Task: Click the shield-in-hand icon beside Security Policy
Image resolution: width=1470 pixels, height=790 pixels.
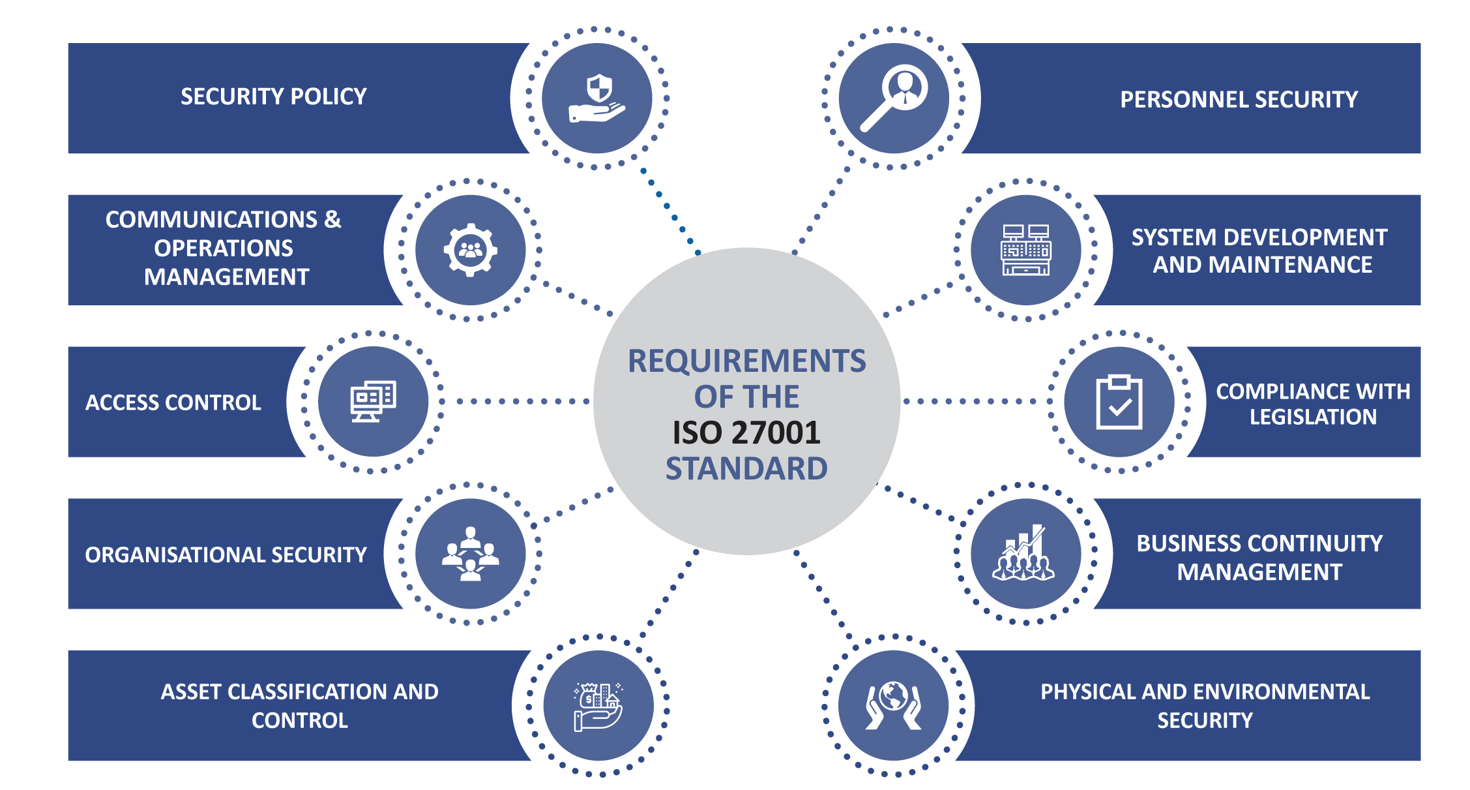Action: coord(597,99)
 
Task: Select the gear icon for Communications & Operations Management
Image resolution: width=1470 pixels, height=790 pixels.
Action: coord(470,250)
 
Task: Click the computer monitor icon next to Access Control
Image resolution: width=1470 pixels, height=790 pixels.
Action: coord(374,401)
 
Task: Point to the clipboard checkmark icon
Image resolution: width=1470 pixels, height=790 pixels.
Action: coord(1119,403)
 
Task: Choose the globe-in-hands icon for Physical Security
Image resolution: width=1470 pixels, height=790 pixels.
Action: coord(894,705)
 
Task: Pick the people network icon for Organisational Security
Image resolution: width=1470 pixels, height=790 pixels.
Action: coord(470,554)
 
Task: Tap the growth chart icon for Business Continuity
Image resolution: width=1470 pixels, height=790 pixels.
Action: coord(1024,554)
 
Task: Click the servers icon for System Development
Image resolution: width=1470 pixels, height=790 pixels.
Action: coord(1025,250)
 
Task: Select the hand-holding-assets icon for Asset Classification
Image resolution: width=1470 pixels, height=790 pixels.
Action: coord(598,706)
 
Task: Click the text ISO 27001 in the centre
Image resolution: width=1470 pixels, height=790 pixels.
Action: coord(746,433)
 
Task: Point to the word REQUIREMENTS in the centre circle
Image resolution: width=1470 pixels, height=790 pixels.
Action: coord(746,361)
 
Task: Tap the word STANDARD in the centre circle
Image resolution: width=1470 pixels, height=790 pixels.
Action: coord(746,468)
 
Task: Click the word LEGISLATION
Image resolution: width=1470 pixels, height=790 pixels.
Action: coord(1313,417)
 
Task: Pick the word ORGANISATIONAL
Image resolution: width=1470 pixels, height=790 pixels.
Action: coord(175,555)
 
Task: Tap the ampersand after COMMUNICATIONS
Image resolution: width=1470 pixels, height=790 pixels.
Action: coord(332,219)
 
